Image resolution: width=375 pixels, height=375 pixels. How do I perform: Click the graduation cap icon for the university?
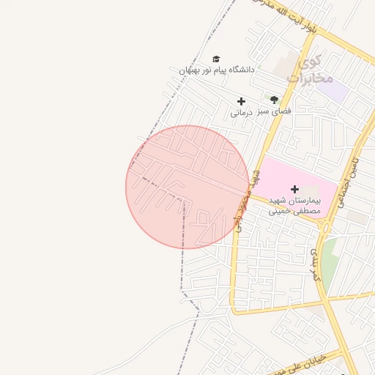point(216,59)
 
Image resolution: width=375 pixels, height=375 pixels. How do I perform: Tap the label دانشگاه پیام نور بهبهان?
point(216,70)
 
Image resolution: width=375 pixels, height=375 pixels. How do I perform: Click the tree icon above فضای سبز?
point(274,100)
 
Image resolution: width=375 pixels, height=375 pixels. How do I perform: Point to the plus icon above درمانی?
point(241,101)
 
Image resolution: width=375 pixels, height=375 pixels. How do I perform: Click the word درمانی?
point(241,113)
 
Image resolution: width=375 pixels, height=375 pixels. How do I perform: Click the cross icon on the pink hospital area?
point(295,189)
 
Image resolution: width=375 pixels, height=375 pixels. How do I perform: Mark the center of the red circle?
point(187,187)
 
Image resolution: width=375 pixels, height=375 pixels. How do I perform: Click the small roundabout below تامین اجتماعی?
point(327,228)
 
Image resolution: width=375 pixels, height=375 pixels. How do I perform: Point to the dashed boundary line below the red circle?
point(183,271)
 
